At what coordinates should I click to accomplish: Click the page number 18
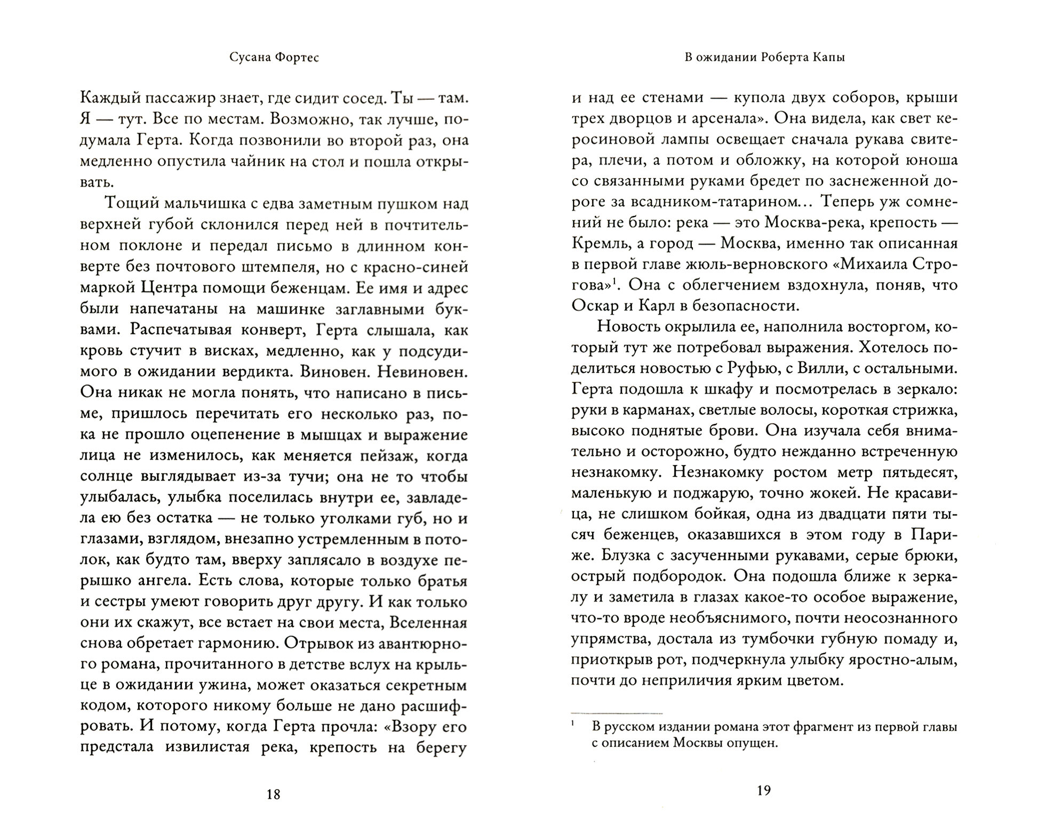click(x=273, y=794)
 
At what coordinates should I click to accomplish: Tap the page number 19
click(x=764, y=790)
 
